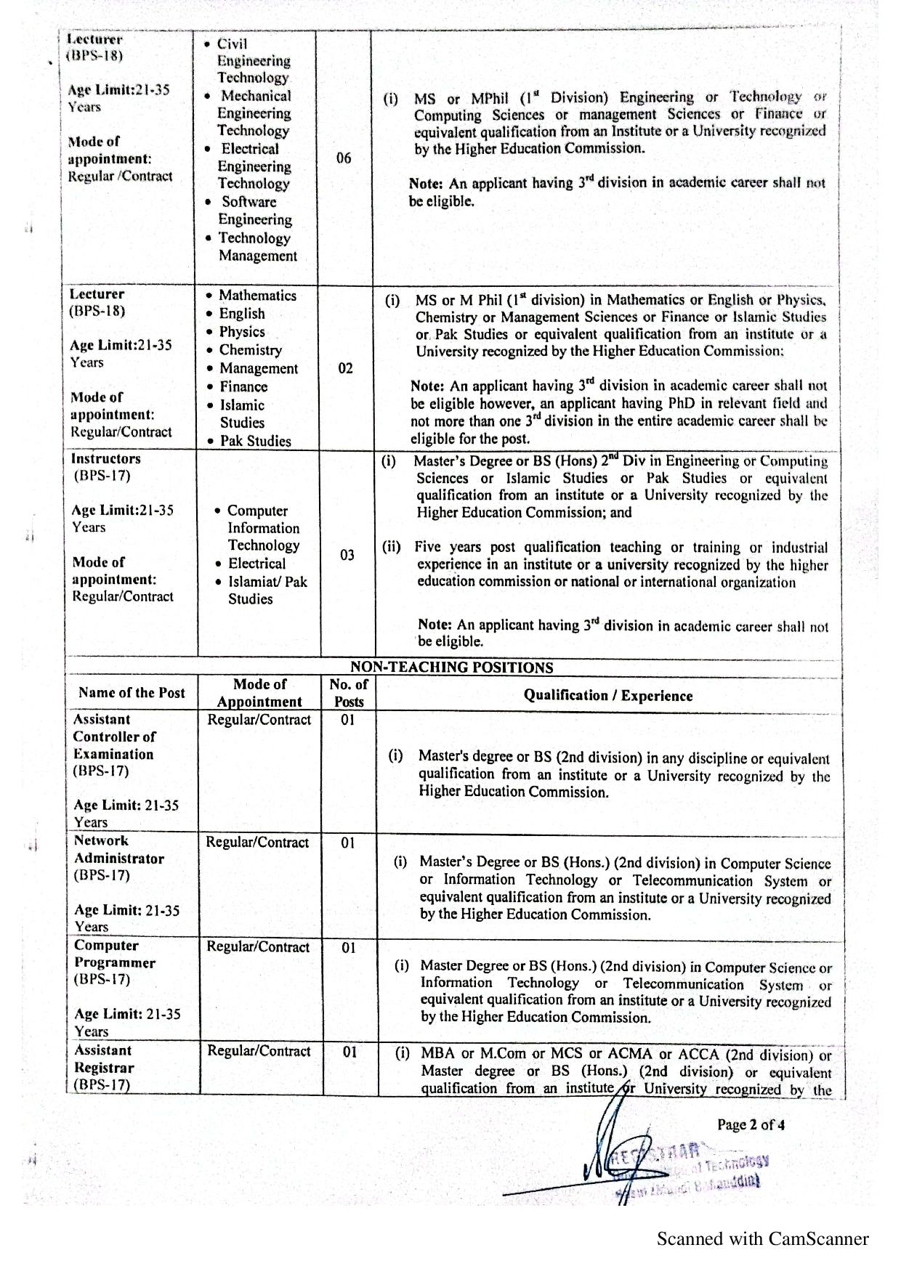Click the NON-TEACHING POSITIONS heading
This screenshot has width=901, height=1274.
pos(451,668)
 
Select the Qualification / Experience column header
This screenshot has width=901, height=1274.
pos(608,696)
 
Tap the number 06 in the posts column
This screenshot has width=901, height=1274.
pos(344,158)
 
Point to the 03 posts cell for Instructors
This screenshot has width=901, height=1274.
pos(347,555)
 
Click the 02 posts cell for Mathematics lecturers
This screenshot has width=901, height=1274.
pos(346,368)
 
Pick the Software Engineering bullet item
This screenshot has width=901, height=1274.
pos(254,211)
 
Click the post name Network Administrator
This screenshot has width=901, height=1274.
pos(118,850)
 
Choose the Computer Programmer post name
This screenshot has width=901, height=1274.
pos(115,954)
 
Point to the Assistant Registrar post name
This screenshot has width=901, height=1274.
pos(104,1059)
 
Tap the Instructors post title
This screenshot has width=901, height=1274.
pos(106,459)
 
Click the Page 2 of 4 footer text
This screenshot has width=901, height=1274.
pos(751,1125)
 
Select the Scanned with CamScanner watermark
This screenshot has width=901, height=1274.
pos(762,1239)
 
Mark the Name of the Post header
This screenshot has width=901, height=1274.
pos(132,693)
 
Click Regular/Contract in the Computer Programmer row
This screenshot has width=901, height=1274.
pos(259,947)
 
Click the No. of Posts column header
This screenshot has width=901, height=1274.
pos(349,693)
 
